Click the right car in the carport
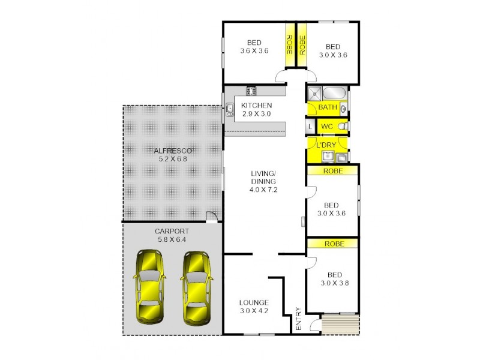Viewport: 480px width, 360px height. pos(195,286)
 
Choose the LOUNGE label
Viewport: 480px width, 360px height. pos(254,302)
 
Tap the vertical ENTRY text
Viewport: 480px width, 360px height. pos(298,319)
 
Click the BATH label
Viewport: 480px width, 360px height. pos(327,107)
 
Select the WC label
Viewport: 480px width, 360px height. pos(327,127)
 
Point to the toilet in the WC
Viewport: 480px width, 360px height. pos(341,127)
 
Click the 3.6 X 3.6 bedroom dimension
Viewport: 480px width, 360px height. pos(254,50)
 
